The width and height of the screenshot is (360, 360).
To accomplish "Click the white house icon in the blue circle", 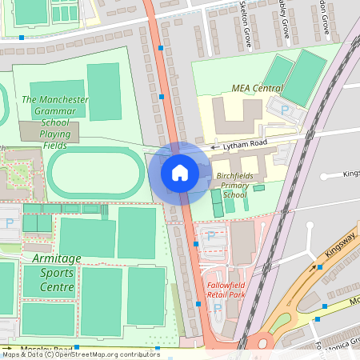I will (x=180, y=172).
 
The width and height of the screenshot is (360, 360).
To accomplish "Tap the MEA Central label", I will (x=257, y=87).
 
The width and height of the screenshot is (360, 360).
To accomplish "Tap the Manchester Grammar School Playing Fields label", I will (x=55, y=122).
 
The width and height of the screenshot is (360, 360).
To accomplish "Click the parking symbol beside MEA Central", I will (x=283, y=110).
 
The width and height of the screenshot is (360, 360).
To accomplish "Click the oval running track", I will (x=95, y=172).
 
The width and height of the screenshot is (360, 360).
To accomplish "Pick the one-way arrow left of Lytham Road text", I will (x=214, y=147).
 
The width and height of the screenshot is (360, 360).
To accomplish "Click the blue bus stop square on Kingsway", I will (x=320, y=267).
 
